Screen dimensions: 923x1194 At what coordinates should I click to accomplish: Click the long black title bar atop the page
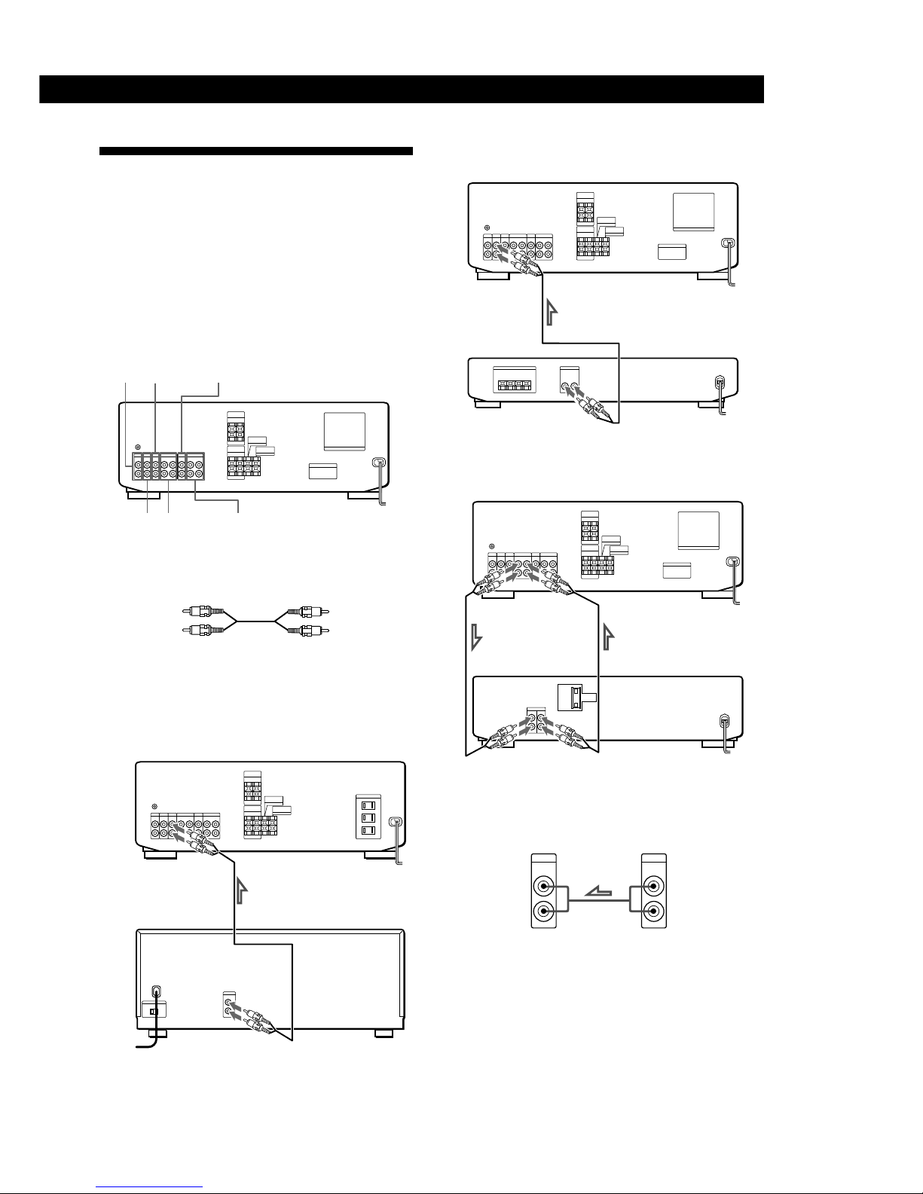click(x=402, y=89)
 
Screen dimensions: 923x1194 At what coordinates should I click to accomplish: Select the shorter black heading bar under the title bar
click(x=256, y=151)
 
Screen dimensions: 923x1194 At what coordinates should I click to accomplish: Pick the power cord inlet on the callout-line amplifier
click(x=379, y=464)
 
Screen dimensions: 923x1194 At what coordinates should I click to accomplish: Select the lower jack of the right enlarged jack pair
click(x=653, y=912)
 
